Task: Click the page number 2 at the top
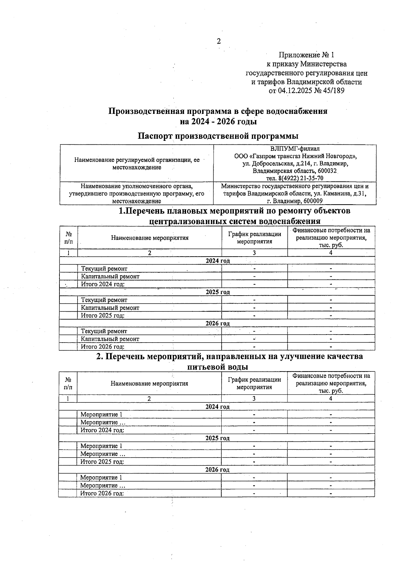[x=219, y=41]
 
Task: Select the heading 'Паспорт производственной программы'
[x=218, y=136]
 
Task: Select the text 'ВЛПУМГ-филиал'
[x=295, y=148]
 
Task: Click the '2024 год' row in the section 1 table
[x=218, y=261]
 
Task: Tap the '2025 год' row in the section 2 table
[x=217, y=438]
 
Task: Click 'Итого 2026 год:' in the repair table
[x=102, y=347]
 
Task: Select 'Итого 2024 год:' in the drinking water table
[x=102, y=430]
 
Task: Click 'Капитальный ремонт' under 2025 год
[x=110, y=308]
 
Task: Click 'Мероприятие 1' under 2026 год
[x=101, y=478]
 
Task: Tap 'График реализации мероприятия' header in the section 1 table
[x=255, y=238]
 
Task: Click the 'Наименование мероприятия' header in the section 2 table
[x=149, y=384]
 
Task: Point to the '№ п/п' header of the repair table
[x=68, y=237]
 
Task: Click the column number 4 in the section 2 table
[x=330, y=399]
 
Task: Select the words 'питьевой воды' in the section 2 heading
[x=217, y=367]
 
